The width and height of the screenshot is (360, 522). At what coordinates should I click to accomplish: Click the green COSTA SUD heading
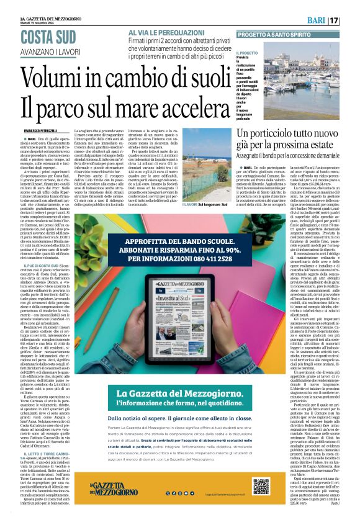[48, 37]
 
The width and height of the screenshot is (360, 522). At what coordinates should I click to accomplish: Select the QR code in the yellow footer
[261, 485]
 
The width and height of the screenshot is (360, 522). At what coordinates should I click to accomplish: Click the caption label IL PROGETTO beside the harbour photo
[246, 54]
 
